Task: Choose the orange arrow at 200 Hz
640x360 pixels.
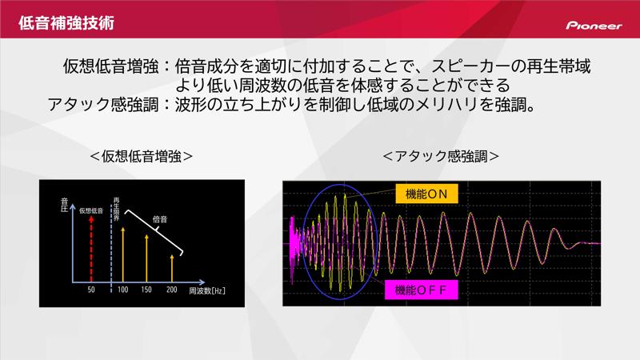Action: [172, 266]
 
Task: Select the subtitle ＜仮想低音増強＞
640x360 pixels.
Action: [141, 155]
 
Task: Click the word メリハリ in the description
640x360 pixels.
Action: [439, 104]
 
